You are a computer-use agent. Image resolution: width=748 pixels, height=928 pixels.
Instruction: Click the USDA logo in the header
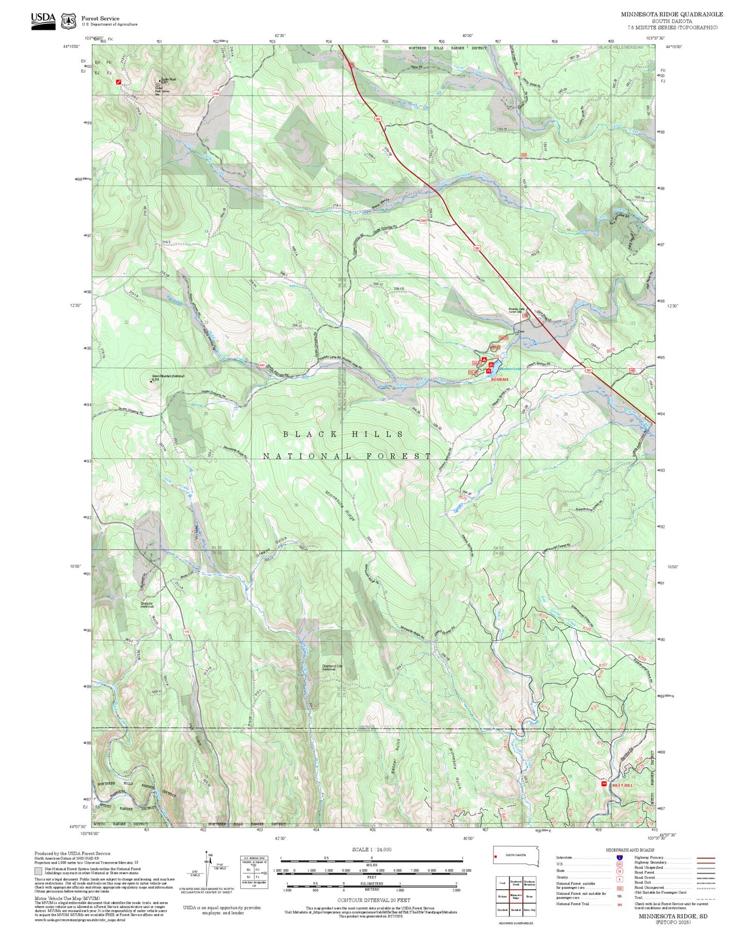tap(43, 21)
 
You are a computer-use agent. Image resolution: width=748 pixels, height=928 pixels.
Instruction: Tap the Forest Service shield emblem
tap(68, 21)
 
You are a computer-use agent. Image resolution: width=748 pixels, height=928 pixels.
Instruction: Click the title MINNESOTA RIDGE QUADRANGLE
tap(672, 14)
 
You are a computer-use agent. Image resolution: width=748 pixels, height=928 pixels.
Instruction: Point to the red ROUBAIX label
tap(500, 380)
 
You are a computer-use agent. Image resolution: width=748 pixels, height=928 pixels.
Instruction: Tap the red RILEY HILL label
tap(622, 785)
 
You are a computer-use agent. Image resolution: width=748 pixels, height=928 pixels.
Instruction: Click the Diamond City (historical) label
tap(332, 667)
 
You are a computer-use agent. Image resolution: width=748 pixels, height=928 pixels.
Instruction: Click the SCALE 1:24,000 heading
tap(371, 849)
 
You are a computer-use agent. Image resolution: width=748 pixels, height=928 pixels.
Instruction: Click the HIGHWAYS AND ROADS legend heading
tap(629, 850)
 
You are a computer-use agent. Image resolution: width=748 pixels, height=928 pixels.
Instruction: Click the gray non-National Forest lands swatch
tap(38, 871)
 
